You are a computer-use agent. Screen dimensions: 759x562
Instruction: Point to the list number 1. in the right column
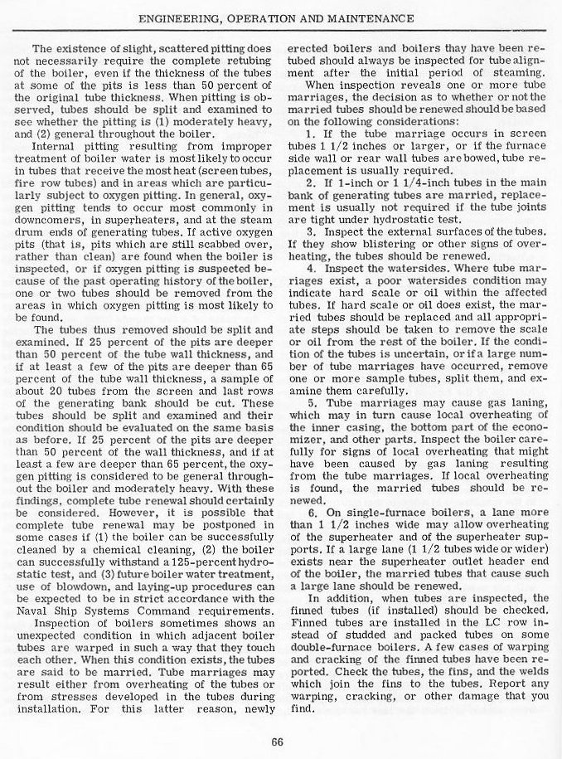310,133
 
